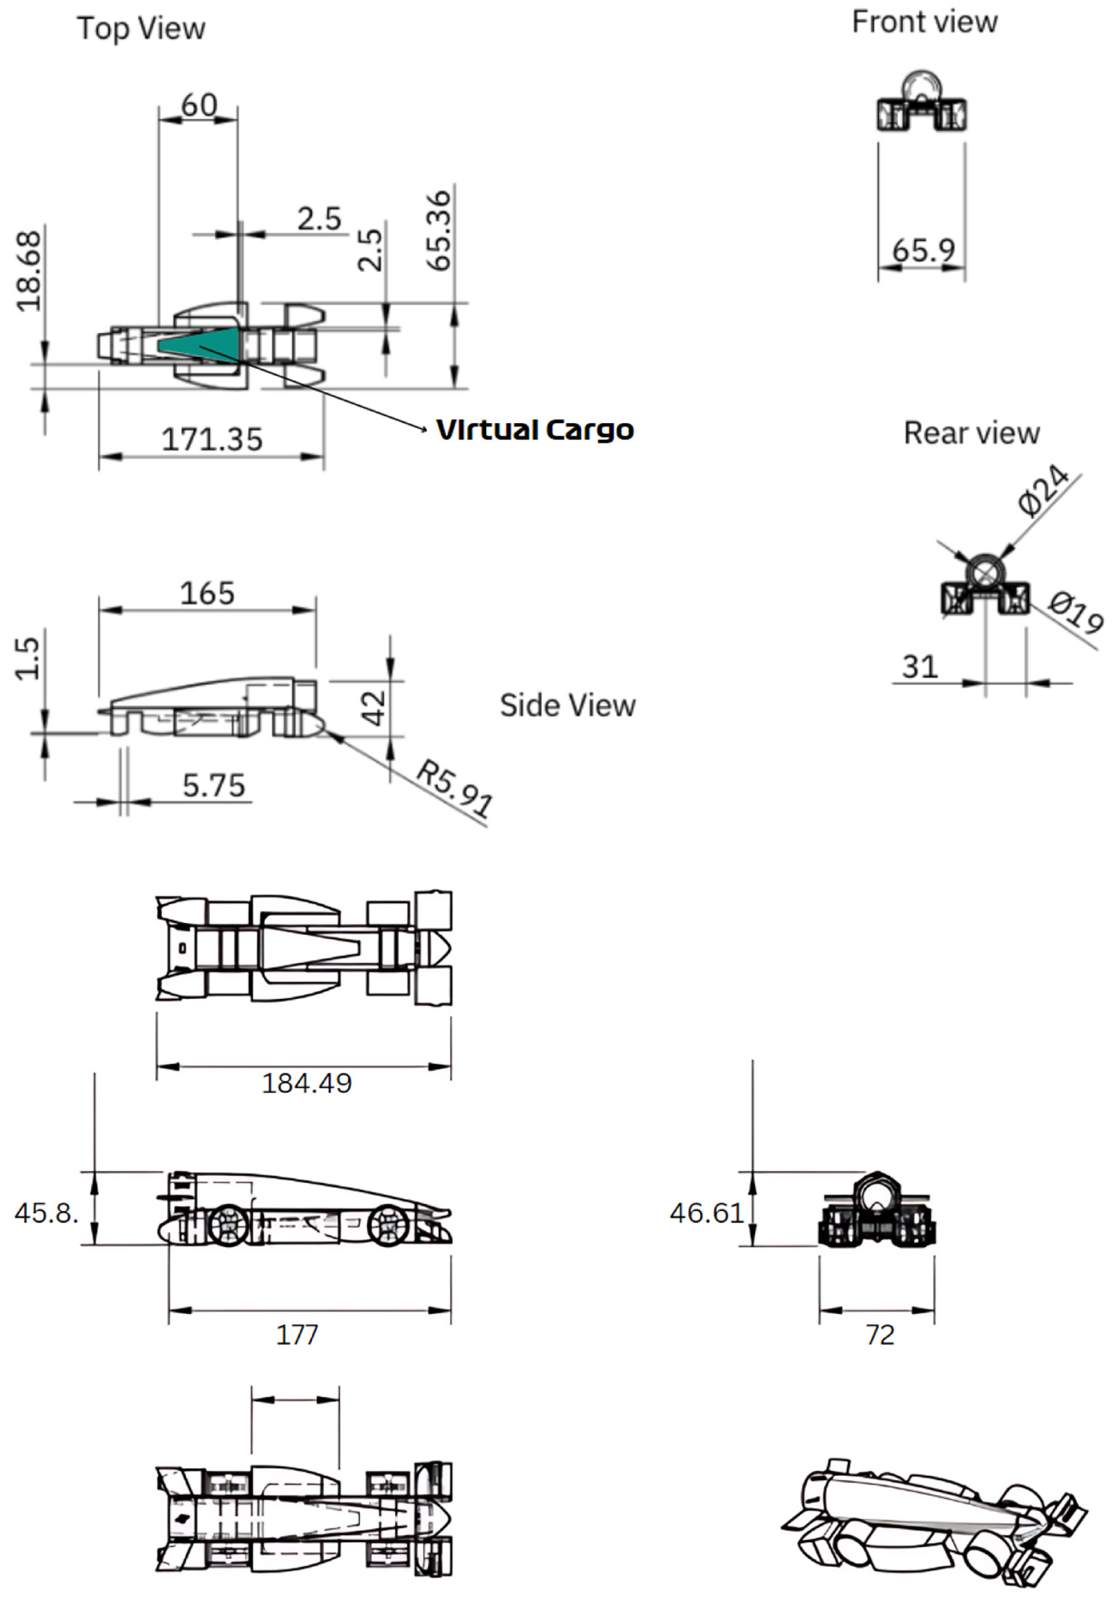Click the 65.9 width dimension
point(923,250)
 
